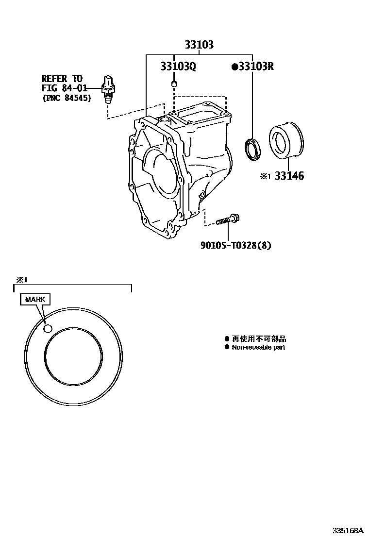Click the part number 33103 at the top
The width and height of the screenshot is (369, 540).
(199, 45)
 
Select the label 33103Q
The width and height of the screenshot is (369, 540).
(178, 67)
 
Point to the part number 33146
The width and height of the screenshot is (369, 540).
(289, 176)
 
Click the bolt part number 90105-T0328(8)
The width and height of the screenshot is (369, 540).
(236, 245)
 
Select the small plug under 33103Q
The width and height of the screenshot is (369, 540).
(174, 84)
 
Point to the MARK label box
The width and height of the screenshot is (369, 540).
(35, 299)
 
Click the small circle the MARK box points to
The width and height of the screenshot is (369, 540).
(48, 329)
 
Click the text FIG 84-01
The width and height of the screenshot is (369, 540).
(64, 88)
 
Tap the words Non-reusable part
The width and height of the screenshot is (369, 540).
(258, 347)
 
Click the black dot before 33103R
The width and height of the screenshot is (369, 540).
(235, 67)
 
